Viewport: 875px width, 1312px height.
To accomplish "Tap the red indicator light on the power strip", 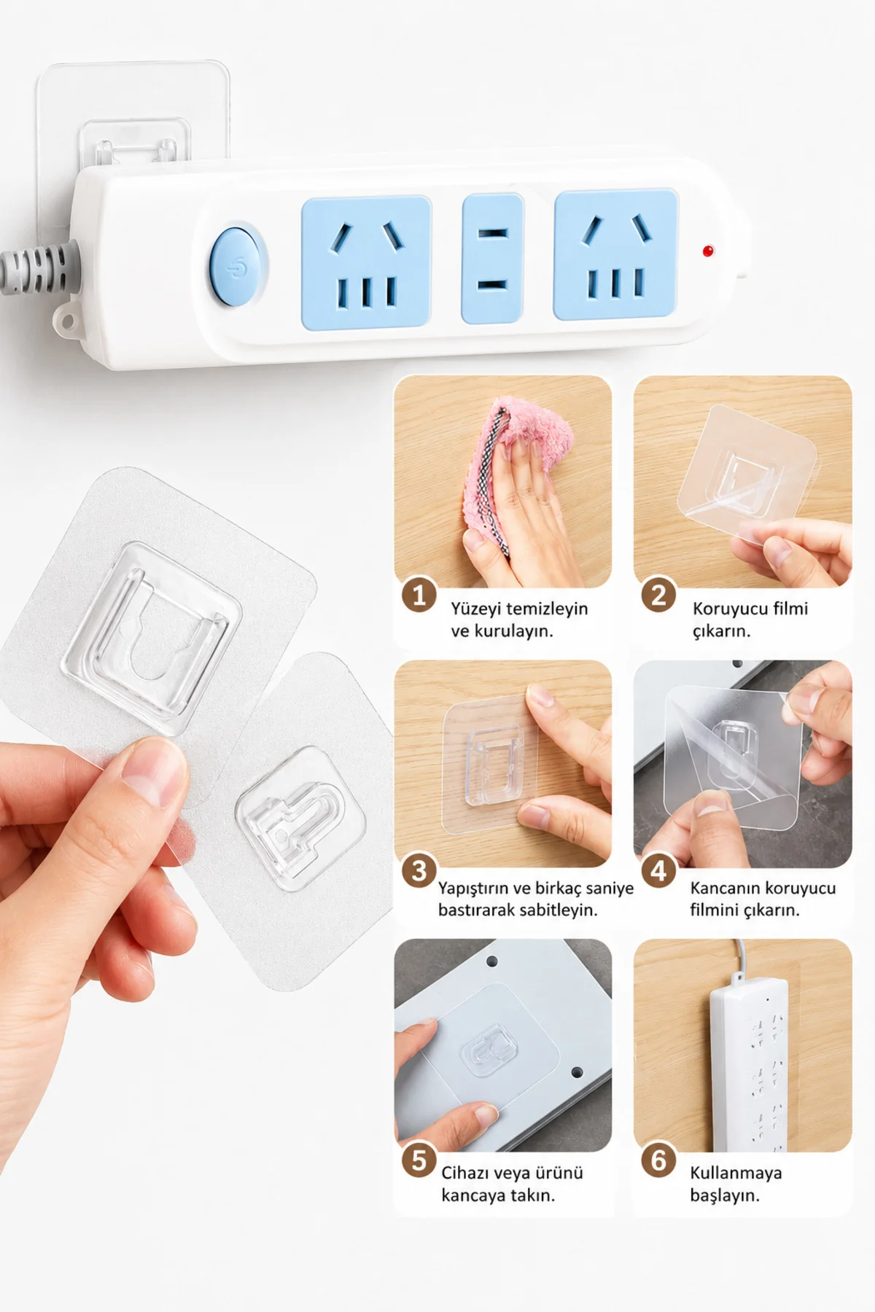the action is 707,251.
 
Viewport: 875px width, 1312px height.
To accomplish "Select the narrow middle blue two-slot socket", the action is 493,259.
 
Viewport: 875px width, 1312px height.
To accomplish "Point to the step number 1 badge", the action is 419,596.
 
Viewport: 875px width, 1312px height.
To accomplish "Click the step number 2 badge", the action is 658,596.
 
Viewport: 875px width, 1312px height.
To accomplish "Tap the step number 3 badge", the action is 419,870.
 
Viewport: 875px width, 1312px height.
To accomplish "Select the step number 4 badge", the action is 658,870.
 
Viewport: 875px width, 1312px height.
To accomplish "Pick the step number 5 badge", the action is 419,1160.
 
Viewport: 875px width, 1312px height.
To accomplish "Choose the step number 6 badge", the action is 658,1160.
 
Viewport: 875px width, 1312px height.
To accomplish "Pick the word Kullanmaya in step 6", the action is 736,1173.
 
